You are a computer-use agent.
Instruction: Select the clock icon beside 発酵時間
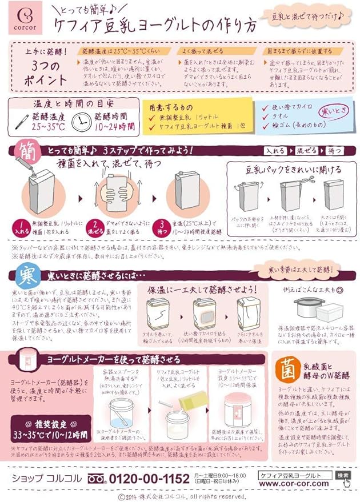pyautogui.click(x=83, y=121)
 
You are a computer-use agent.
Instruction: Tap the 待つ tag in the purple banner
pyautogui.click(x=334, y=151)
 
